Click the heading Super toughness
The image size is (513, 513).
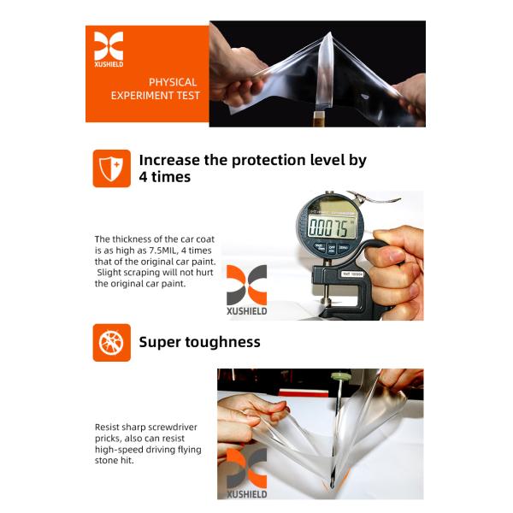pyautogui.click(x=199, y=342)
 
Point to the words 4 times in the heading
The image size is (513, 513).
pyautogui.click(x=165, y=177)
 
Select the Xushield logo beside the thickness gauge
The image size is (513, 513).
pyautogui.click(x=246, y=290)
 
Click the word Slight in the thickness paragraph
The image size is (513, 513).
pyautogui.click(x=109, y=272)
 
